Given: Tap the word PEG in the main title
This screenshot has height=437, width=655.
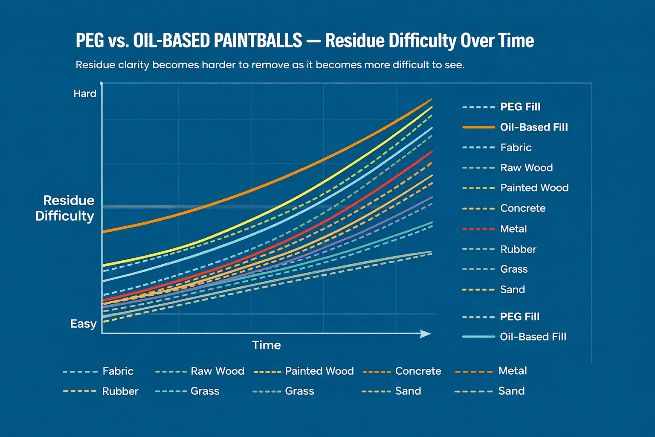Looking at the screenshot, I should coord(90,41).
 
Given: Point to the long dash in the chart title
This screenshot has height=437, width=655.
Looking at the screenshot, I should coord(313,41).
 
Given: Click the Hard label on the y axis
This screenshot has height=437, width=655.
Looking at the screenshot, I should coord(85,93).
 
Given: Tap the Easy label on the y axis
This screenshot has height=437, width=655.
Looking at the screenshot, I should coord(83,324).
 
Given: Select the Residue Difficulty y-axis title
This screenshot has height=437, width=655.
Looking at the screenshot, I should coord(65,208).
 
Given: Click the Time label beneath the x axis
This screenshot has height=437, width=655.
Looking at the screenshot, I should coord(267,345).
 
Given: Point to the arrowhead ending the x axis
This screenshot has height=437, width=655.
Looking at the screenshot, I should coord(426,334).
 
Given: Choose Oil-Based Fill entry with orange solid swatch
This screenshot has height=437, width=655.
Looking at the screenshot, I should coord(534,127).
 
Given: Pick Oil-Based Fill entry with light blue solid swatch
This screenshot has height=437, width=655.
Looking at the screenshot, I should coord(533,337).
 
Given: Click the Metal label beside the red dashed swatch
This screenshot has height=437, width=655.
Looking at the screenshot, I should coord(513,229).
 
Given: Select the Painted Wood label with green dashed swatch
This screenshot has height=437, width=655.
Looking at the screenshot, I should coord(534,188).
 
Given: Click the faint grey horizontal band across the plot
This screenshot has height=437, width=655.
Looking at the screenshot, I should coord(171,207).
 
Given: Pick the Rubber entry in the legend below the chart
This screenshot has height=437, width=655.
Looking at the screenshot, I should coord(120,391).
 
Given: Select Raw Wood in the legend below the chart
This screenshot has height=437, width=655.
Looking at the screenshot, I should coord(217,371).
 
